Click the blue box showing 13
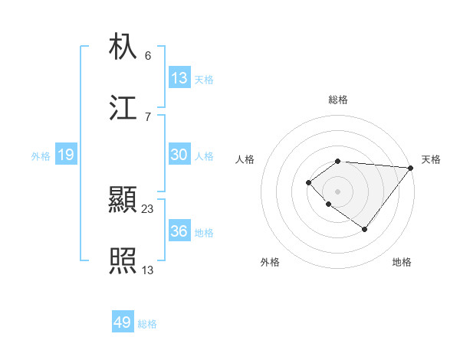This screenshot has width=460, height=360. [179, 77]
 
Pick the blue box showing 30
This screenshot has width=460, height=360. [179, 155]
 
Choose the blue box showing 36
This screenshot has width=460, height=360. [179, 231]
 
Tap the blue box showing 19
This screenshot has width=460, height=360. [65, 155]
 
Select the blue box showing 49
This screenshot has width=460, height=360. [123, 322]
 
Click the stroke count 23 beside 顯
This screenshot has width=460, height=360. [148, 208]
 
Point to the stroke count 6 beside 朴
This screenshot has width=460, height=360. [148, 55]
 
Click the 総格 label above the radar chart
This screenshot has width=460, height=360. [338, 100]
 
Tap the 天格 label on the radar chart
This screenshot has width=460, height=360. [431, 159]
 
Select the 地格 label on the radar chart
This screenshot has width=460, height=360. [402, 262]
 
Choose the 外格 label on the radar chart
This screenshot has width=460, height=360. [270, 262]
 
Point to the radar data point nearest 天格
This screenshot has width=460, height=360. [411, 168]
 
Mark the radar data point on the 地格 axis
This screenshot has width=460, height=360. [365, 229]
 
